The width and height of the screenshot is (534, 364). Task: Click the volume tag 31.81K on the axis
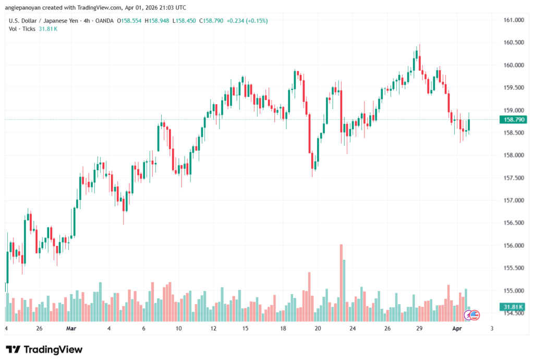[x=513, y=307]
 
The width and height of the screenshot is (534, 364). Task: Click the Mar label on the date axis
[x=71, y=329]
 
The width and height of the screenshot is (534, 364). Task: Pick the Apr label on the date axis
[x=456, y=329]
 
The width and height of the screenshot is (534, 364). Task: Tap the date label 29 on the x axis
[x=419, y=329]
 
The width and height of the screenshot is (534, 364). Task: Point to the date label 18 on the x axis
[x=283, y=329]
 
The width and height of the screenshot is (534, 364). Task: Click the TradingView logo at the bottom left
[x=44, y=349]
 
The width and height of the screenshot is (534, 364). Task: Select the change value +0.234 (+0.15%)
[x=246, y=21]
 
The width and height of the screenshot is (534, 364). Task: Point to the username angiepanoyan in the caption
[x=27, y=8]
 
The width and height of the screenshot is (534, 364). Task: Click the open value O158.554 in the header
[x=130, y=21]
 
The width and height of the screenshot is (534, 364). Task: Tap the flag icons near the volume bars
[x=472, y=315]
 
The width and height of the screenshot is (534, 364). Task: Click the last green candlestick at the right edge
[x=469, y=125]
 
